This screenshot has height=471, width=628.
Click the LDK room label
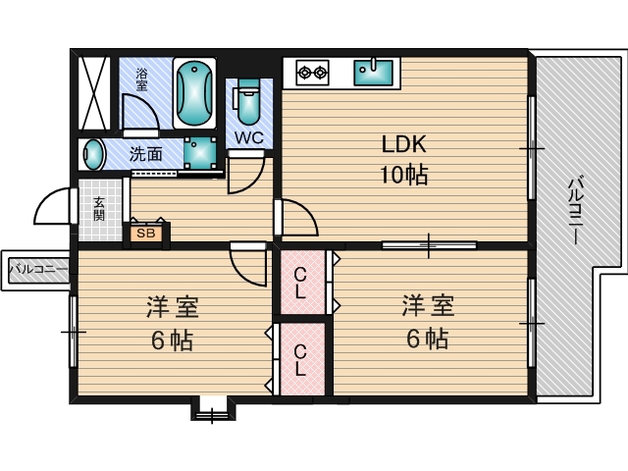(403, 144)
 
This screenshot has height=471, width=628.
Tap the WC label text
(249, 137)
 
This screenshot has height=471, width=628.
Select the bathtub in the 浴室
(194, 93)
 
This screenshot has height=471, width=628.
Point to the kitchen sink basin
(373, 72)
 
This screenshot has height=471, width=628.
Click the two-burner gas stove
(312, 73)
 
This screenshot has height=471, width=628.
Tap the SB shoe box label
(146, 234)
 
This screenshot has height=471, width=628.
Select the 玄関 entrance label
(99, 209)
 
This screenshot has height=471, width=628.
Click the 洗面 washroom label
(146, 154)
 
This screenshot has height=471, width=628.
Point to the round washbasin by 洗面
(92, 154)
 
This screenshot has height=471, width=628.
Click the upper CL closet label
(300, 284)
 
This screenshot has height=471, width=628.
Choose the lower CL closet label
(300, 360)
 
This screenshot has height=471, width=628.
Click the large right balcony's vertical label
(576, 210)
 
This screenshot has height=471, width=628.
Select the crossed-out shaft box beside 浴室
(94, 93)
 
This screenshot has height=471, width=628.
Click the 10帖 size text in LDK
(403, 175)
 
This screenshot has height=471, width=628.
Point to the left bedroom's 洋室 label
(173, 307)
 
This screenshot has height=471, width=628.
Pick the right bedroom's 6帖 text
(428, 338)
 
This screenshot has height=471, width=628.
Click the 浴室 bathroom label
(141, 79)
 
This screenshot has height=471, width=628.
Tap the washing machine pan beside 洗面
(200, 153)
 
